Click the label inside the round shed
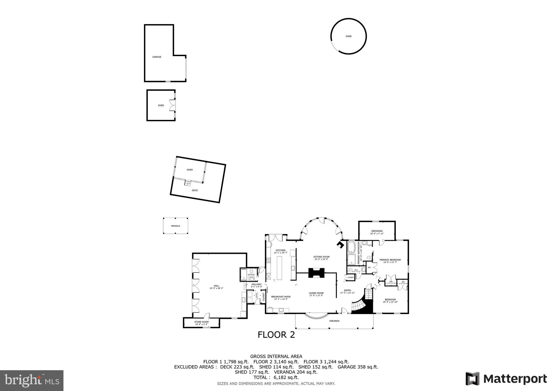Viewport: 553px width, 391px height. tap(348, 36)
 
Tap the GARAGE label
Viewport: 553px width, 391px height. tap(157, 57)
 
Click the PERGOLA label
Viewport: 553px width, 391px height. tap(176, 226)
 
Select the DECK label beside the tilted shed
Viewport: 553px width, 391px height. tap(195, 190)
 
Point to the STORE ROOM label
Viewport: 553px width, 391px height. tap(201, 322)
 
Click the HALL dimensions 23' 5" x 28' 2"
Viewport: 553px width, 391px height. tap(216, 288)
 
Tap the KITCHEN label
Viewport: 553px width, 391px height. tap(281, 250)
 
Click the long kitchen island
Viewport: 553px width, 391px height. tap(279, 268)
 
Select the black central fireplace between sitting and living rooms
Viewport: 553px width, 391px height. tap(316, 273)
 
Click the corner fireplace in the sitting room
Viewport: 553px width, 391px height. tap(340, 245)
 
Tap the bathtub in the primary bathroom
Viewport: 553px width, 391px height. tap(351, 248)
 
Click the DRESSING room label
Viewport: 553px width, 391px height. tap(377, 231)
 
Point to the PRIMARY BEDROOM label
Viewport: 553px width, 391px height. tap(390, 260)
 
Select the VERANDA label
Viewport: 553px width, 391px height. tap(334, 321)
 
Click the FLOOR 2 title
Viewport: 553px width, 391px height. tap(276, 335)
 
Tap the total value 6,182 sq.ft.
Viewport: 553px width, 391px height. tap(286, 377)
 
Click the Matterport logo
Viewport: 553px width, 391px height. tap(506, 379)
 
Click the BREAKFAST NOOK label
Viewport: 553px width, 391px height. tap(281, 296)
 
